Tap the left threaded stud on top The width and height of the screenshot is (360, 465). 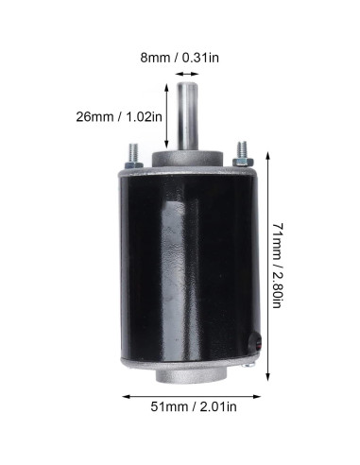click(130, 156)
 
